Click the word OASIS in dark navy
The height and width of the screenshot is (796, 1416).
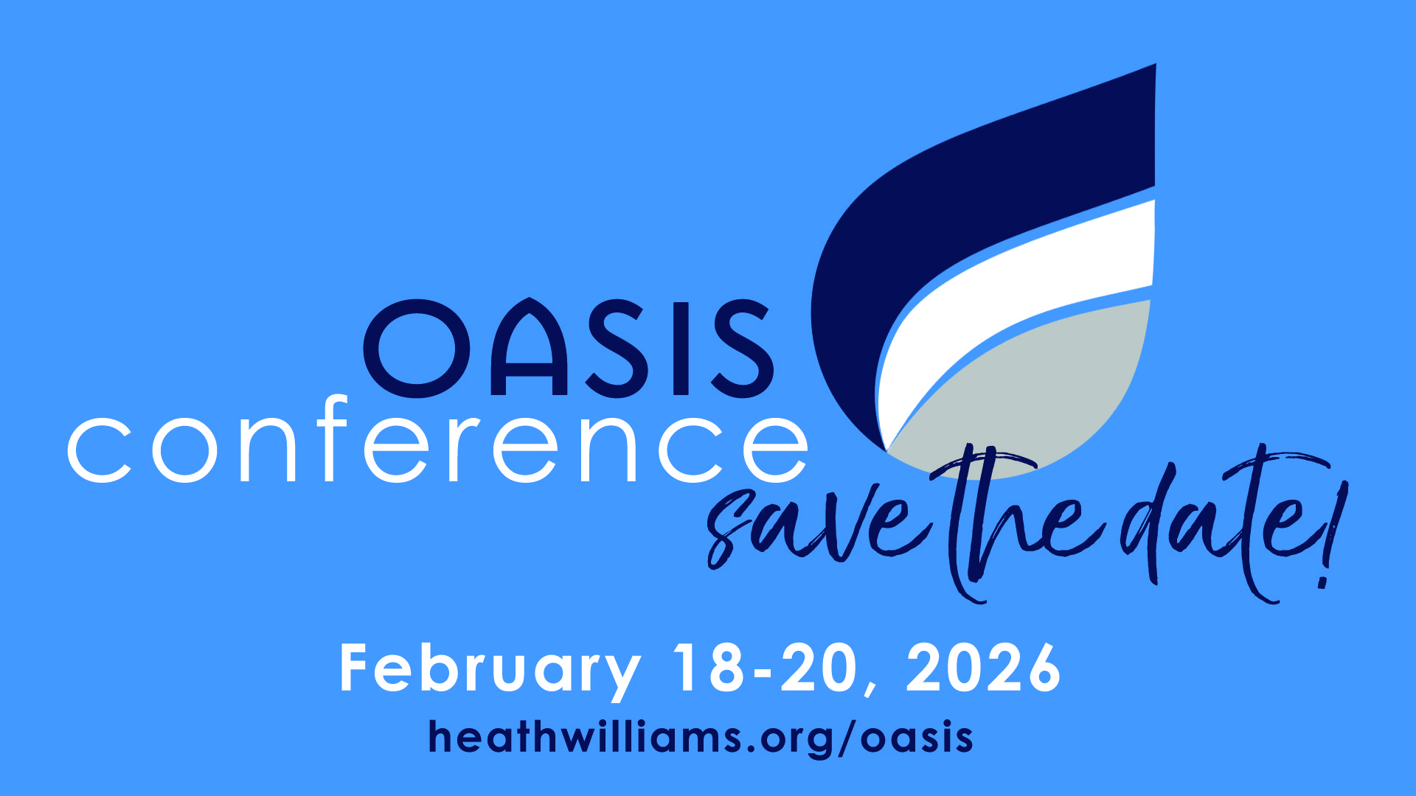coord(568,348)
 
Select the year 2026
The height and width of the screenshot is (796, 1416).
coord(983,668)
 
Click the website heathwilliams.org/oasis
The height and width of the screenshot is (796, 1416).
coord(701,738)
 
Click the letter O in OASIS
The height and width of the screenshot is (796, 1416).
coord(416,348)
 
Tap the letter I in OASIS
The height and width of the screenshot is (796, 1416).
coord(678,348)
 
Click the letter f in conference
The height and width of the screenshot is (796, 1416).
coord(333,439)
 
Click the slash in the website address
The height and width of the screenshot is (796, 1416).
coord(849,738)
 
